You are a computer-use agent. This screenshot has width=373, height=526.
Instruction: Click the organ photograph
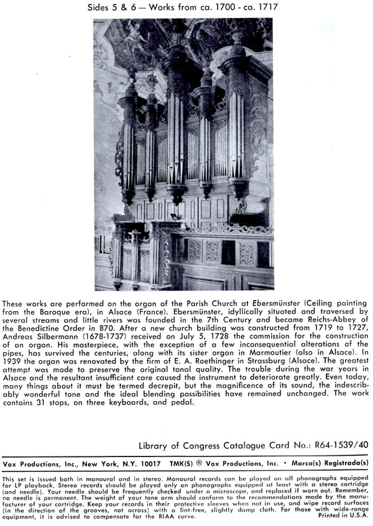coord(184,155)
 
